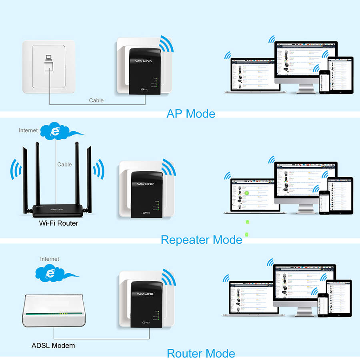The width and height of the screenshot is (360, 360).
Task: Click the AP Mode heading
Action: [x=190, y=113]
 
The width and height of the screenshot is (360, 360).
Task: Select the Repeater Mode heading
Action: [x=201, y=240]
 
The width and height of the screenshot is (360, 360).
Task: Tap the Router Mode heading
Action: [x=201, y=353]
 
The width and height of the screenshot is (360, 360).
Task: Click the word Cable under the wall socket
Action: [x=96, y=100]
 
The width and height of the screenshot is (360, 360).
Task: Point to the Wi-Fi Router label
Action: [x=58, y=223]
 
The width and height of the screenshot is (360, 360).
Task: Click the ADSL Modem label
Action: [x=53, y=345]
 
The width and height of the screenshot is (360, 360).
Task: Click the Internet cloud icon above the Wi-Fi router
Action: [x=56, y=132]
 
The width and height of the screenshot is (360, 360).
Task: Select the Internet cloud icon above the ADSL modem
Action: [x=51, y=273]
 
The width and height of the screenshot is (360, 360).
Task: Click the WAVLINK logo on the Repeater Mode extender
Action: [x=140, y=184]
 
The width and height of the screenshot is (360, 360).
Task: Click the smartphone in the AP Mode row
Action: [x=325, y=82]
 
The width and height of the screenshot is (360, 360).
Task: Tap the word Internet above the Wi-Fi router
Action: [x=28, y=130]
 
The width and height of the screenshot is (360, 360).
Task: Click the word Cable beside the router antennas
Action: [x=64, y=164]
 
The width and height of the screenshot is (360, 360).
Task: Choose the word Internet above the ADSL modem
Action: [x=50, y=259]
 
